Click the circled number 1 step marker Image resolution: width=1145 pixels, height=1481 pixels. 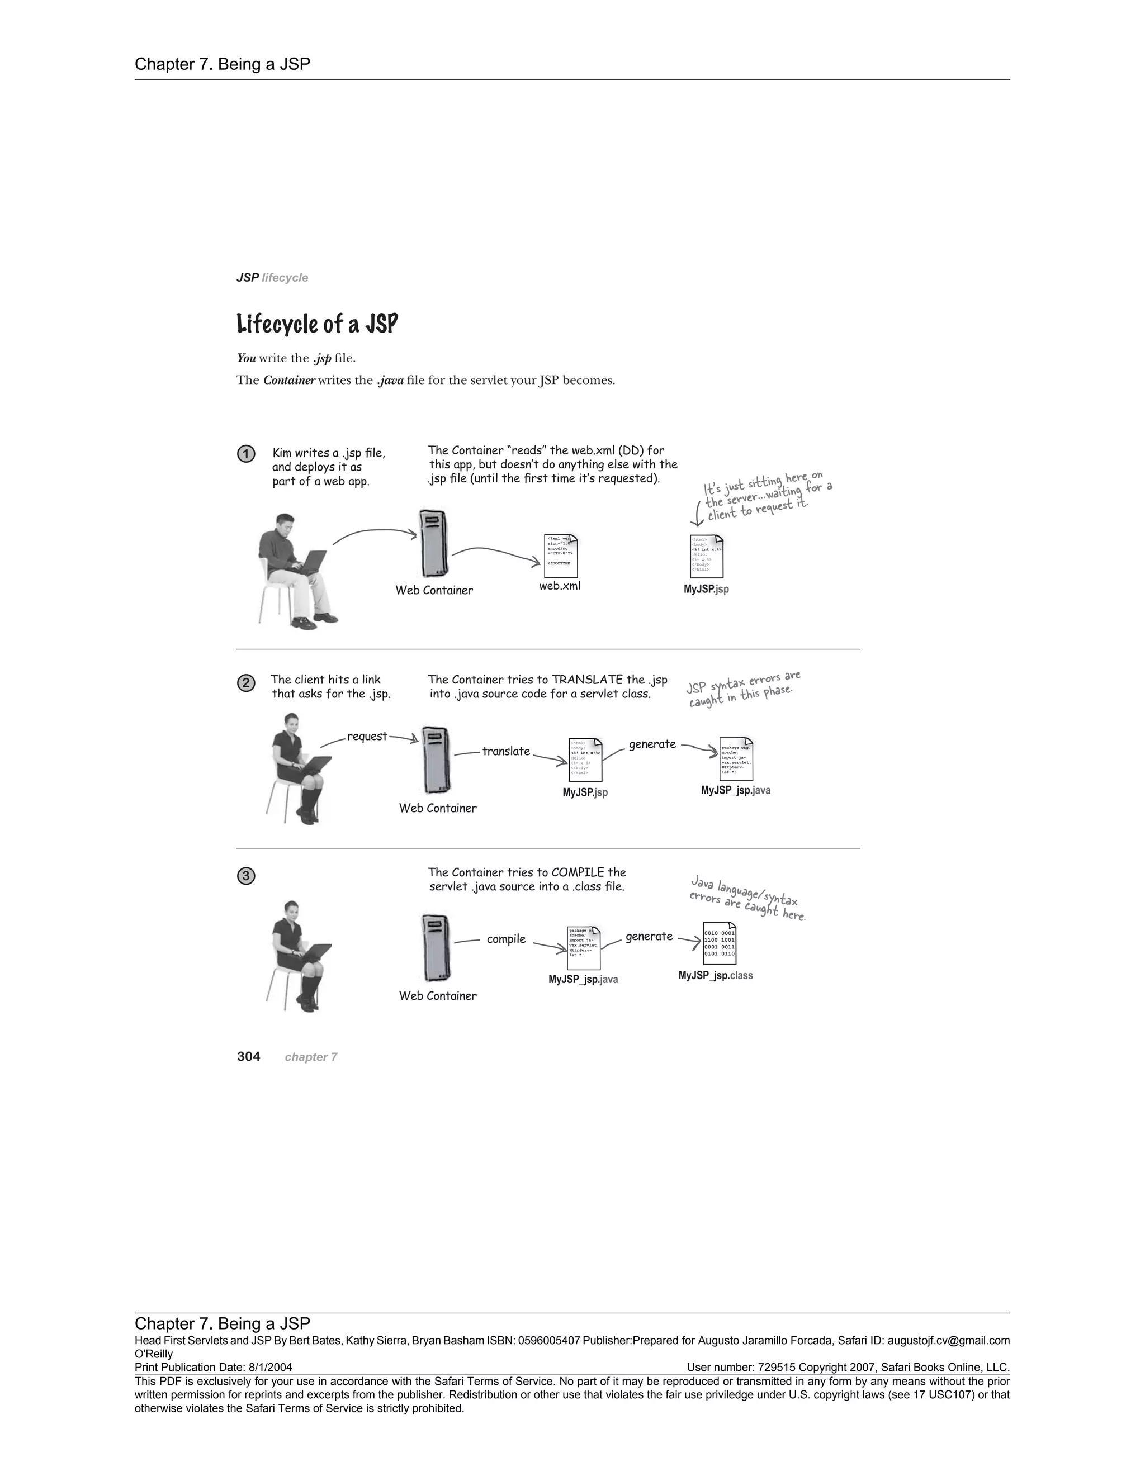245,454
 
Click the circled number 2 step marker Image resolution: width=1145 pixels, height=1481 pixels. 245,683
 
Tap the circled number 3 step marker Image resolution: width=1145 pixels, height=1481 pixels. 245,876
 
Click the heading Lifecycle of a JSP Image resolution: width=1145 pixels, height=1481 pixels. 317,324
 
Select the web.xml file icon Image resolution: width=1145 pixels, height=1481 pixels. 560,556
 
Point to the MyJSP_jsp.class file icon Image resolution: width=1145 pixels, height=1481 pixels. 719,943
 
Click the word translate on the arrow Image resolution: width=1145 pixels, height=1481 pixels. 506,751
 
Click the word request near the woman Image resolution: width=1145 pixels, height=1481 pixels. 367,736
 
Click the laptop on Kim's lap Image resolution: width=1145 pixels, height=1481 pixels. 311,563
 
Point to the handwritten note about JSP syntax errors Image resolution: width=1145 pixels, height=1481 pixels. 743,689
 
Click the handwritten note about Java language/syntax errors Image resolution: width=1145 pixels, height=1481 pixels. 746,899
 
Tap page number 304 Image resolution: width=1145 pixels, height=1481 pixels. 248,1056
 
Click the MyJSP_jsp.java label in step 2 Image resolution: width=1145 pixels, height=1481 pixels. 735,790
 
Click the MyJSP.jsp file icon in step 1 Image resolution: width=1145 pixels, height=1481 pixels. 706,556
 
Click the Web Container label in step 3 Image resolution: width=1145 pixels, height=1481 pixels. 438,995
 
